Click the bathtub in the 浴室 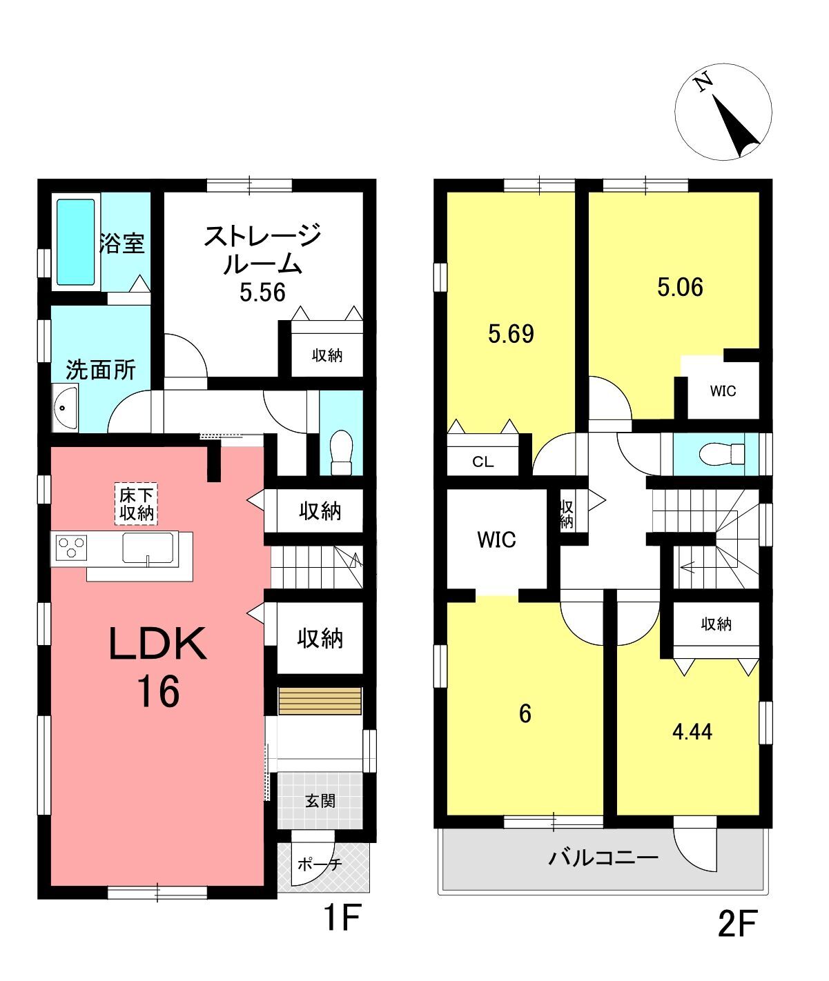pyautogui.click(x=76, y=242)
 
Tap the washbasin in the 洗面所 pyautogui.click(x=65, y=407)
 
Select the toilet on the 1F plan pyautogui.click(x=342, y=453)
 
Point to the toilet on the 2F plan pyautogui.click(x=722, y=454)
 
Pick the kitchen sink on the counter pyautogui.click(x=148, y=547)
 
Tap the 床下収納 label pyautogui.click(x=137, y=504)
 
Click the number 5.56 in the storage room pyautogui.click(x=262, y=293)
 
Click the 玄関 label pyautogui.click(x=320, y=800)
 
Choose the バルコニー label pyautogui.click(x=603, y=858)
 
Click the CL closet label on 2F pyautogui.click(x=483, y=462)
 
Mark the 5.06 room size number pyautogui.click(x=680, y=287)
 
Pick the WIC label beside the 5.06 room pyautogui.click(x=723, y=391)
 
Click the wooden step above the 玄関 pyautogui.click(x=320, y=701)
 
